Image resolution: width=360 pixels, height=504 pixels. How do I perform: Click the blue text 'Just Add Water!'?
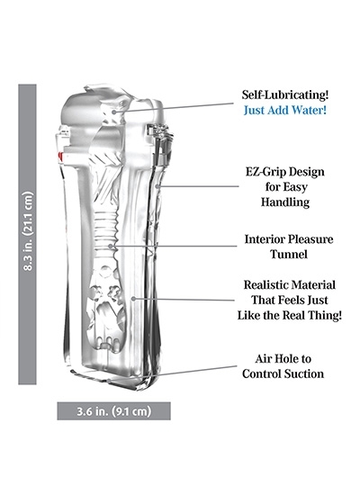[285, 110]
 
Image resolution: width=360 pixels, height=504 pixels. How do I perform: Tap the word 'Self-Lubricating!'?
[285, 94]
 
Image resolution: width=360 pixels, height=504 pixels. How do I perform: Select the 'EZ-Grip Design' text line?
[285, 172]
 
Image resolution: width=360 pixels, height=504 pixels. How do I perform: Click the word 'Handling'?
[285, 202]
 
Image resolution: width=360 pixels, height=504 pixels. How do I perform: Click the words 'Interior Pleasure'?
[289, 239]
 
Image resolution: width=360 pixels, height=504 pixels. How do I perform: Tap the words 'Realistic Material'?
[289, 284]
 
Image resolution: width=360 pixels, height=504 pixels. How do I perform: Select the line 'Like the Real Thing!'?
[289, 315]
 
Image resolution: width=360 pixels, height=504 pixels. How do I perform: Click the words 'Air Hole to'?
[283, 359]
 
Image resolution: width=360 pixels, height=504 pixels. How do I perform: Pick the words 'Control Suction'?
[283, 373]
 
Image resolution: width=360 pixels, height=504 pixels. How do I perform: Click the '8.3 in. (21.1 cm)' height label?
[28, 231]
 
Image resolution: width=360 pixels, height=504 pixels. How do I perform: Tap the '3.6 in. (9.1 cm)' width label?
[113, 411]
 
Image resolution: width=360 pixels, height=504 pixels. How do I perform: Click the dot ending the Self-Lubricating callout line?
[113, 112]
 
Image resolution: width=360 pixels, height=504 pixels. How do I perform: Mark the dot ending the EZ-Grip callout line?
[157, 186]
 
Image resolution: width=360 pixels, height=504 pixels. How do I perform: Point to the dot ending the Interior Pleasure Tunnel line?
[111, 247]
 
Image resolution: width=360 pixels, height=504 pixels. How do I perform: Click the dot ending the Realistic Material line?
[133, 299]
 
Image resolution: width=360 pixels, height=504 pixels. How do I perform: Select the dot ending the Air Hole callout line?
[109, 381]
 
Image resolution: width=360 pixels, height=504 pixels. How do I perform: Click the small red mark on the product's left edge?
[59, 157]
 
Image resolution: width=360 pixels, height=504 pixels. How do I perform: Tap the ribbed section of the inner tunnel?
[106, 229]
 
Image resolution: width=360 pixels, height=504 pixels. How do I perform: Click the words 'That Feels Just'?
[289, 301]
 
